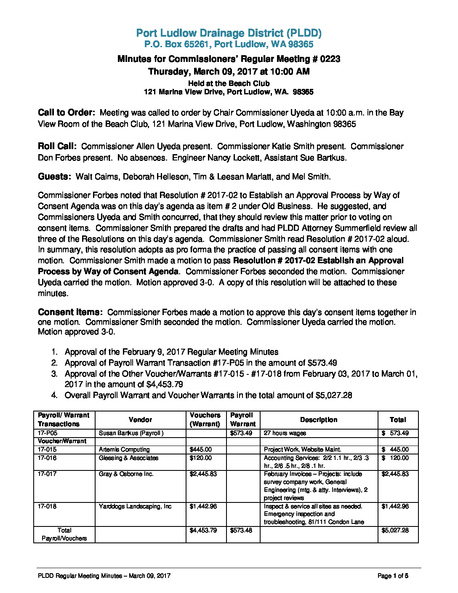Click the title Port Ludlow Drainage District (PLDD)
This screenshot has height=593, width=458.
coord(229,33)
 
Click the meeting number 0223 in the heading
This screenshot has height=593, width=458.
coord(330,59)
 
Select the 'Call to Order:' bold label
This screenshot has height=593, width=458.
coord(67,112)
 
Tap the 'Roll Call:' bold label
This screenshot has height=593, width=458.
coord(57,146)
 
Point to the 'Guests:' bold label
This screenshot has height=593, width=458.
coord(54,176)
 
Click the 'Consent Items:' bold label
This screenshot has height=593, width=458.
coord(70,312)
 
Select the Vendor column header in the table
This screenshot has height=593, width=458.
coord(140,419)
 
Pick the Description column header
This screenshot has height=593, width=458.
coord(318,419)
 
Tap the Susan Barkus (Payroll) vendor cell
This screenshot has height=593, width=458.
coord(131,433)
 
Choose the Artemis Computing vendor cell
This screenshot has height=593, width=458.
coord(124,449)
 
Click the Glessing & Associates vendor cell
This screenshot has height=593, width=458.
coord(128,458)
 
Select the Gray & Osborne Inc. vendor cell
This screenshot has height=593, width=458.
coord(126,474)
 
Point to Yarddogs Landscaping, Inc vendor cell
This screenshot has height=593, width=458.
coord(135,506)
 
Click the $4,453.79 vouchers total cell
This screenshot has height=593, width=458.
coord(203,530)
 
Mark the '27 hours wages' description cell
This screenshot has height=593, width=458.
coord(285,433)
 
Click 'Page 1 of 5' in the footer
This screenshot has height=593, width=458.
coord(393,576)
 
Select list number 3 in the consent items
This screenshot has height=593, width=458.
coord(54,374)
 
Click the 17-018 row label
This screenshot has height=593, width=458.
coord(47,506)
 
